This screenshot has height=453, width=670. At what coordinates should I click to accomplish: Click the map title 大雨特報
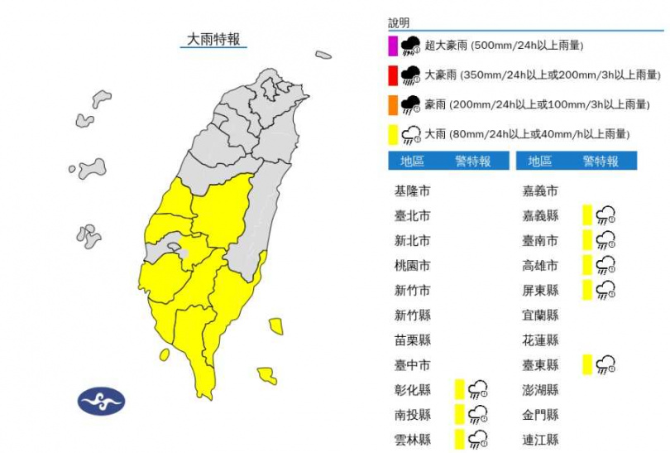click(213, 39)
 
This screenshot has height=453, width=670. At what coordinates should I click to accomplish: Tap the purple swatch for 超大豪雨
click(392, 45)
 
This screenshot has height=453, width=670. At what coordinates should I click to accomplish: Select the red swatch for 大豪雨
click(392, 75)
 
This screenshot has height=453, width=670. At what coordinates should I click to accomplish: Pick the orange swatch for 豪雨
click(392, 104)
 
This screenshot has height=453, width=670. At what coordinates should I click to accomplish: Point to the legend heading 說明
click(399, 23)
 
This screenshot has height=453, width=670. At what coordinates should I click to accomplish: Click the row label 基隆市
click(412, 191)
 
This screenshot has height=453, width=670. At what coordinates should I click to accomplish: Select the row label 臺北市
click(412, 216)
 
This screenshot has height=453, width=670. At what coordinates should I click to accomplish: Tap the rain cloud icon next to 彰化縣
click(478, 389)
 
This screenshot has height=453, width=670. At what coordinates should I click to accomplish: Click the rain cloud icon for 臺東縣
click(606, 364)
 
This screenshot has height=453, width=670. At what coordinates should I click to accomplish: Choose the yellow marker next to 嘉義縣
click(586, 216)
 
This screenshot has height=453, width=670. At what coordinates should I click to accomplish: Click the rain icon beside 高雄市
click(606, 265)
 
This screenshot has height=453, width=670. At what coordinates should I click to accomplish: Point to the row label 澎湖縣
click(541, 389)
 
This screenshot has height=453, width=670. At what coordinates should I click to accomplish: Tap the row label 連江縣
click(541, 439)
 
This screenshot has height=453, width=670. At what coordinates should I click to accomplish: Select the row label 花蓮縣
click(541, 340)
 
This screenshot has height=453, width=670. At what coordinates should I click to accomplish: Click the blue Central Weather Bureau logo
click(102, 402)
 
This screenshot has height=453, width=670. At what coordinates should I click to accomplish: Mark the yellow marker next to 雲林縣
click(459, 439)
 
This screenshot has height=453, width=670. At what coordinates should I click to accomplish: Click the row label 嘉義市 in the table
click(541, 191)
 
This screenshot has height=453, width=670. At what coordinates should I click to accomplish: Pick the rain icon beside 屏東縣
click(606, 290)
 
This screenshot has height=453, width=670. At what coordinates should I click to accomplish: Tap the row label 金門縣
click(541, 414)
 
